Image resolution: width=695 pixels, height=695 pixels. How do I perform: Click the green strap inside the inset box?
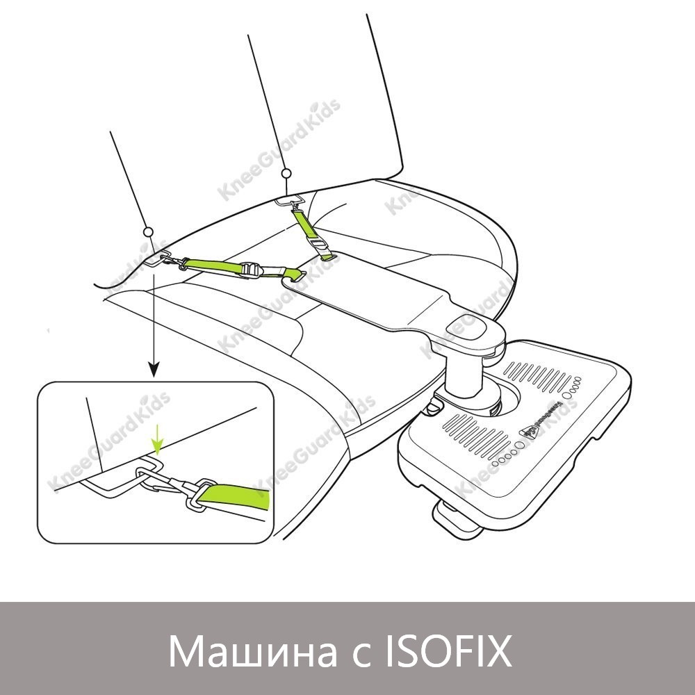[240, 496]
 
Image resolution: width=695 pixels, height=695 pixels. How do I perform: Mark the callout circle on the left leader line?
[147, 231]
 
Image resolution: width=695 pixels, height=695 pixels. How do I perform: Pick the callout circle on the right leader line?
[286, 173]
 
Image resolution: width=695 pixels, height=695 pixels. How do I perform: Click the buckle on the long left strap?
[252, 270]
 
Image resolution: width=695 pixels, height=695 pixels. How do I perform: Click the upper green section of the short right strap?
[302, 224]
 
